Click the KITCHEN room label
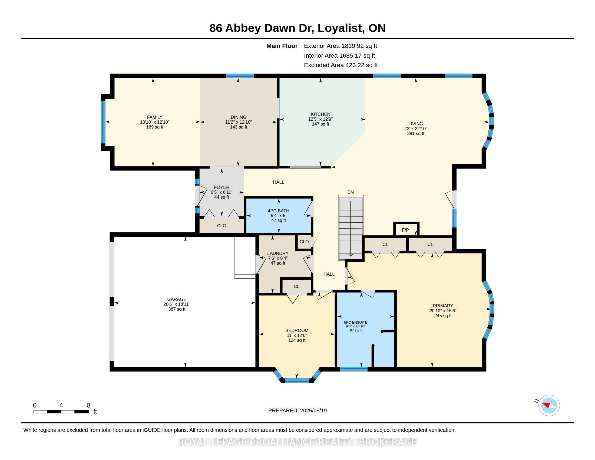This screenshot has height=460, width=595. coord(320,114)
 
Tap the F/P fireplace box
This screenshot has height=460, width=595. coord(406,229)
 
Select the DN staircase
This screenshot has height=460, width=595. coord(351,228)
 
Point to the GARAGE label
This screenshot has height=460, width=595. coord(177,299)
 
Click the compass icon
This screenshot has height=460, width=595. coord(549,406)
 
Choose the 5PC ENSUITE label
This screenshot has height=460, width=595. coord(356,322)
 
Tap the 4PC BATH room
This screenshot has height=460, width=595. coord(278,215)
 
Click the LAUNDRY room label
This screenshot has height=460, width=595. coord(277,253)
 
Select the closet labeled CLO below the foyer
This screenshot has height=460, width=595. coord(222,226)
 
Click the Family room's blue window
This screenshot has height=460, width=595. coord(103,122)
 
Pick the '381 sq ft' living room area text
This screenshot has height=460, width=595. coord(416,133)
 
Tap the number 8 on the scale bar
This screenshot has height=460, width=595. coord(88,405)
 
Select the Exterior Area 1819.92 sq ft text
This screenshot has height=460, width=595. coord(341,46)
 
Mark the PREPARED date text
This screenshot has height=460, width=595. coord(297,410)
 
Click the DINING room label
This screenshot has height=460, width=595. coord(238,117)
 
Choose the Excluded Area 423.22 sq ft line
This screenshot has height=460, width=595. coord(341,65)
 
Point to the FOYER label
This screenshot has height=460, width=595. coord(222,187)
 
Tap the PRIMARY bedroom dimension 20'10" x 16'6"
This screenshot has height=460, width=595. coord(443,311)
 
